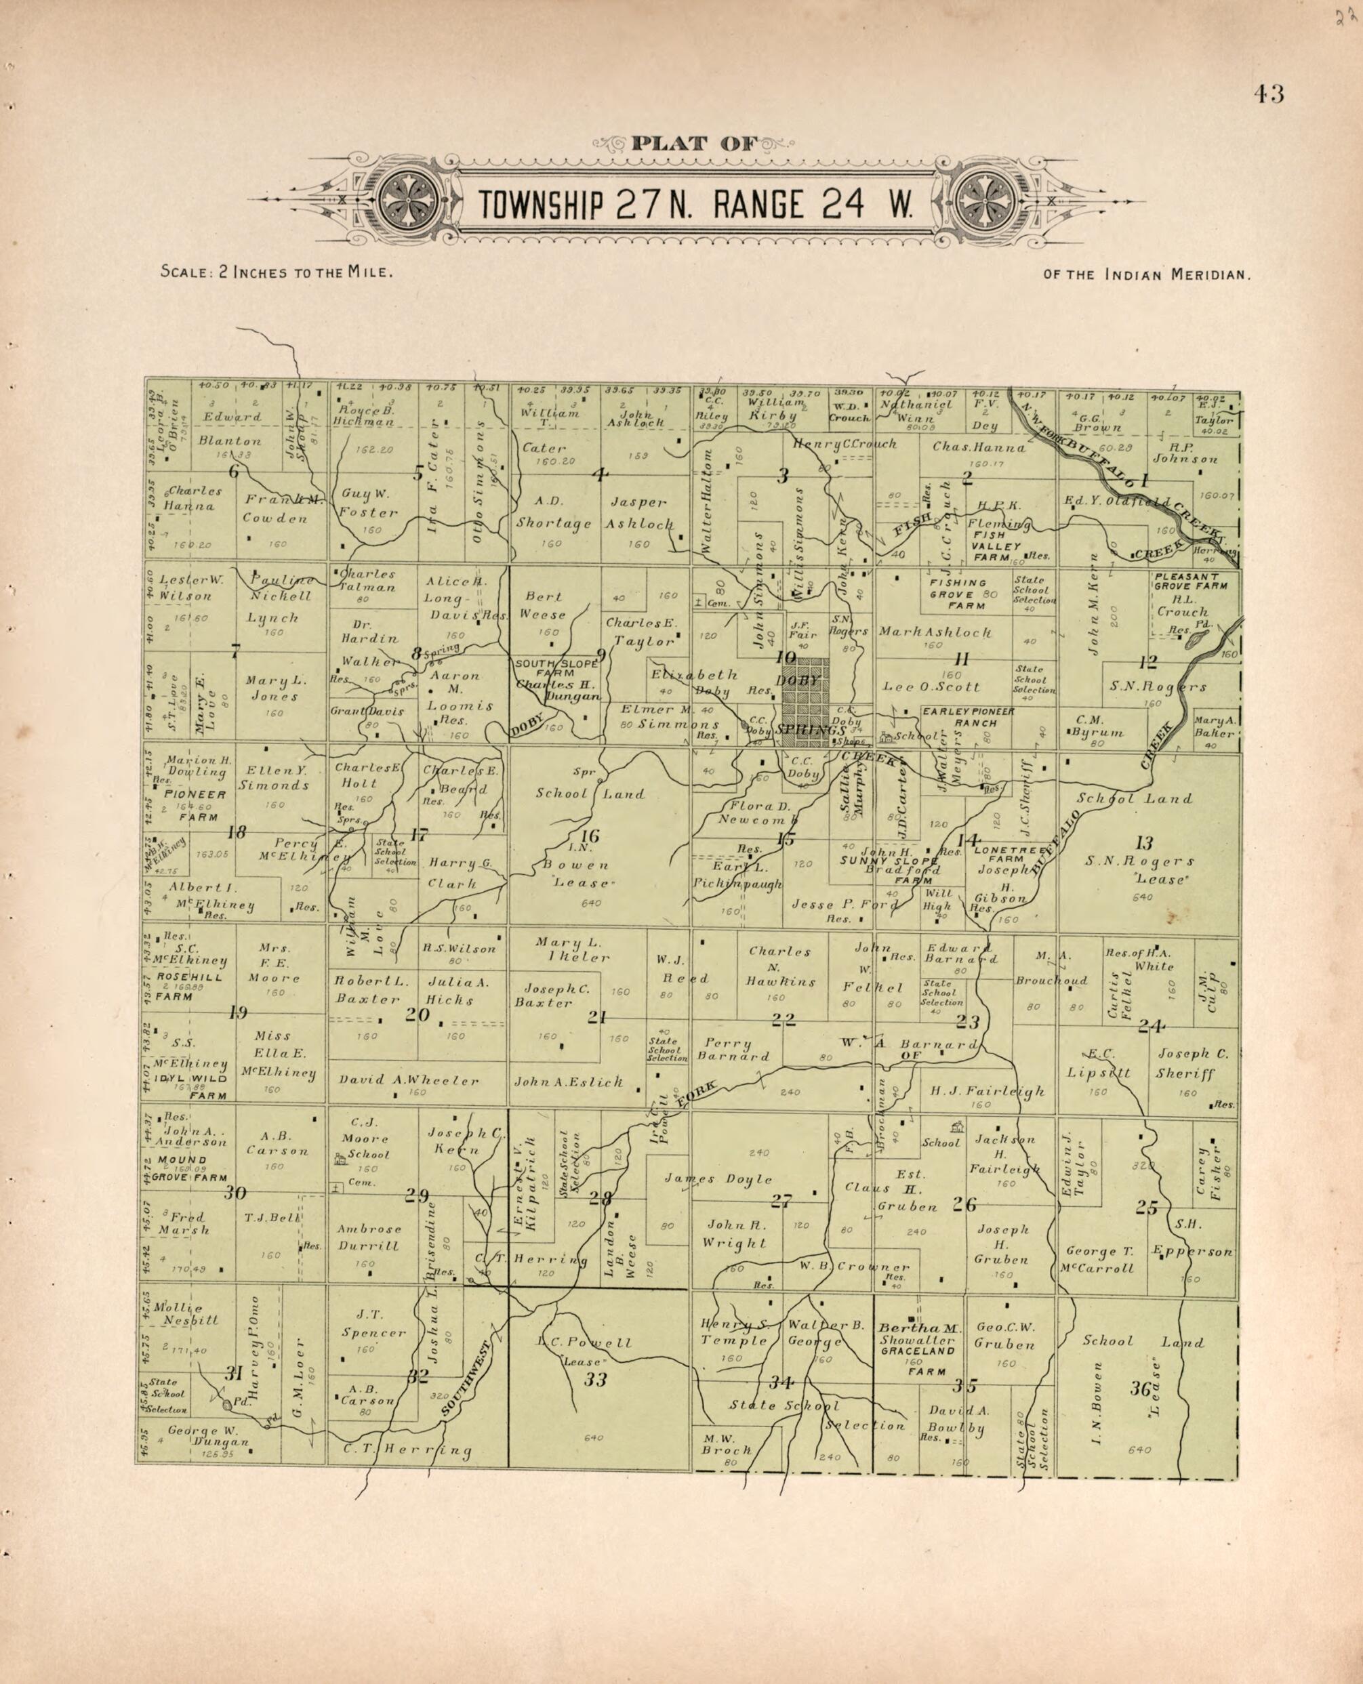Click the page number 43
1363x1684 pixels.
point(1268,94)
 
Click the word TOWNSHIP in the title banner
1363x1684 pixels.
point(542,206)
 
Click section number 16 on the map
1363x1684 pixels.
point(590,836)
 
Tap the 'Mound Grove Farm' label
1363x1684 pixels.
point(192,1169)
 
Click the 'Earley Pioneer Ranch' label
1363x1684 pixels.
point(967,717)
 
